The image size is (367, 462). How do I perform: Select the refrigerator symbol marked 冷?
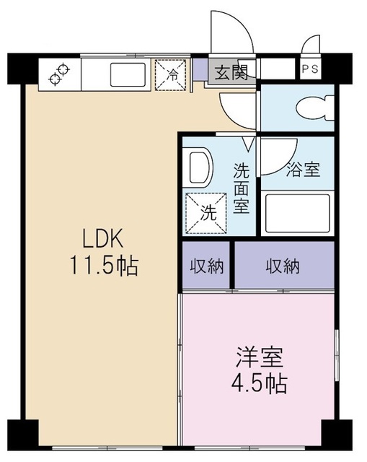click(172, 74)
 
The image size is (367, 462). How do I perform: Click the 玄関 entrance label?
click(230, 71)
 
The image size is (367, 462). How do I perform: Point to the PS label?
click(311, 69)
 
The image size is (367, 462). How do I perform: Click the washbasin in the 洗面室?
click(199, 168)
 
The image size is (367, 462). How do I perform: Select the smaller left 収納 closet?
click(206, 266)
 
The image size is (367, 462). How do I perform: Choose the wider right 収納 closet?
click(282, 266)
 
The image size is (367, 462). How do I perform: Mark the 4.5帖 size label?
click(260, 383)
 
